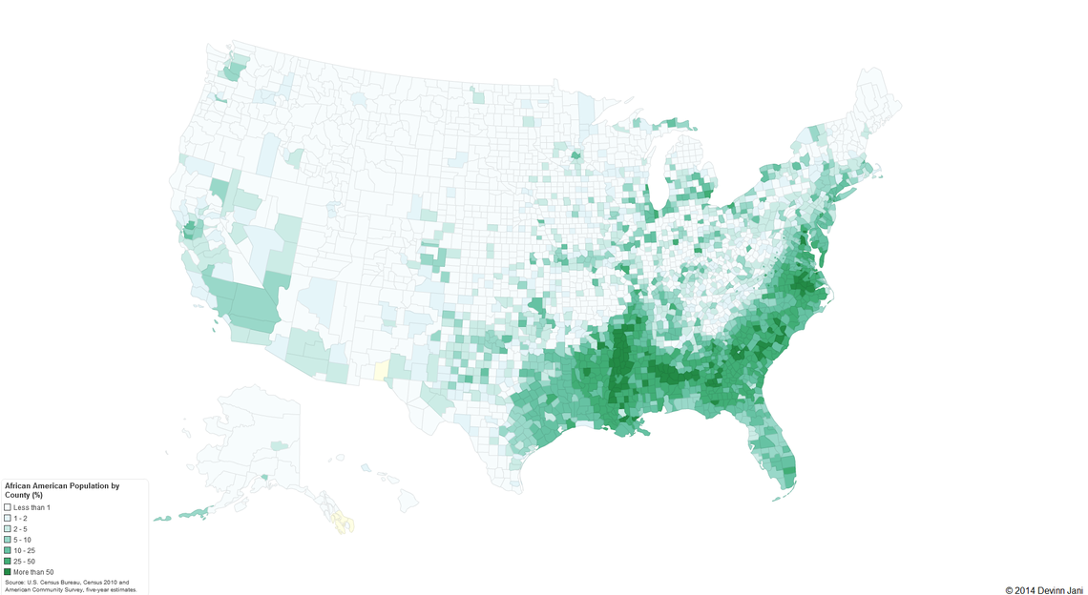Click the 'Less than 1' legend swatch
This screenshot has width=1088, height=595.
coord(8,507)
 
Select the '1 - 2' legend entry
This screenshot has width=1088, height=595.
coord(8,518)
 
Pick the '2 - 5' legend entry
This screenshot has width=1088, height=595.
coord(8,528)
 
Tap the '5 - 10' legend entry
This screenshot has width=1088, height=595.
coord(8,540)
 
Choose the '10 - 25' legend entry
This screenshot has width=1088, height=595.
coord(8,550)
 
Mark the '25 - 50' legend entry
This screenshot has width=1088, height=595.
coord(8,561)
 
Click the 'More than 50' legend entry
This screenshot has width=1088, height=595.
coord(8,571)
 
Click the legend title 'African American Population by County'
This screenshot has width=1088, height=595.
coord(61,486)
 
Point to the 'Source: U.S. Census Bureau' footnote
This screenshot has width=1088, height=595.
coord(48,581)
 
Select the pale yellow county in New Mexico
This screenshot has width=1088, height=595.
coord(382,369)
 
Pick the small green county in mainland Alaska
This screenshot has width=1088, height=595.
coord(278,445)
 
